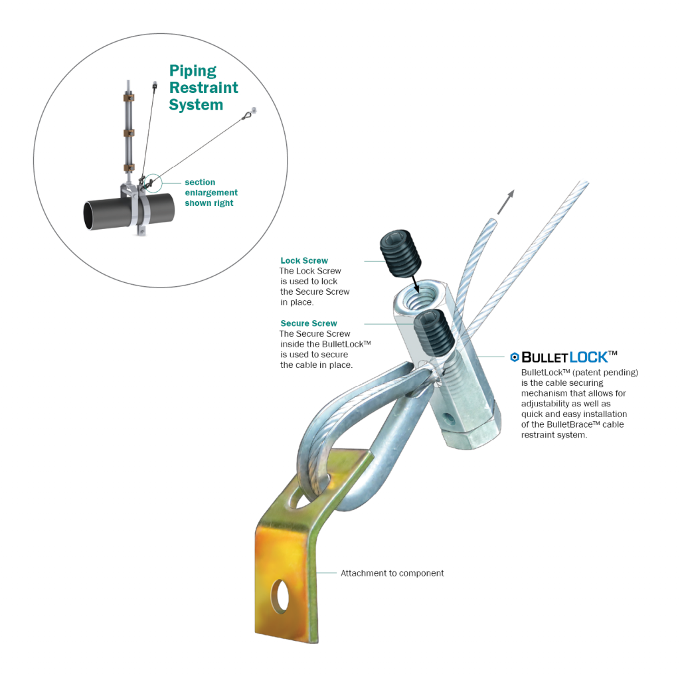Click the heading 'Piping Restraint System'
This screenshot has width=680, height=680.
coord(203,88)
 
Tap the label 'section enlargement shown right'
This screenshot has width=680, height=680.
coord(211,193)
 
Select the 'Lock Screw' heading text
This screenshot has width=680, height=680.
coord(304,261)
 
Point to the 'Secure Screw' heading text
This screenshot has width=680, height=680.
coord(309,323)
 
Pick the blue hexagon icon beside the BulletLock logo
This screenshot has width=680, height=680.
coord(514,357)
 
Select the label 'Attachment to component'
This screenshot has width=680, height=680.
coord(392,572)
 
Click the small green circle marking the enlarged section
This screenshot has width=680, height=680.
coord(153,181)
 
